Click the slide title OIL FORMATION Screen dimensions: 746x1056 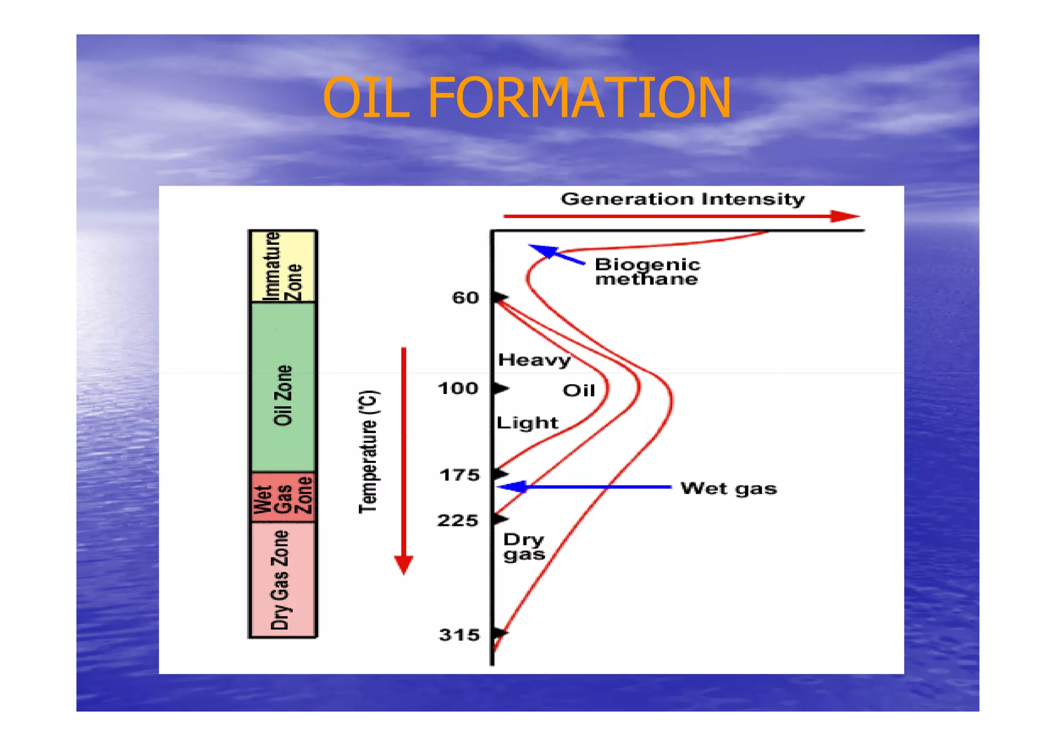coord(526,98)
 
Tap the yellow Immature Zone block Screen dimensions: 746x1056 coord(283,266)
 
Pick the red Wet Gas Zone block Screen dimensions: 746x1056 coord(283,496)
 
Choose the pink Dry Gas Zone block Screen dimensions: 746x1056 coord(283,580)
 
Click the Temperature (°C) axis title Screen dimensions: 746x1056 coord(369,452)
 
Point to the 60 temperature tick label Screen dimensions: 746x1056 coord(465,298)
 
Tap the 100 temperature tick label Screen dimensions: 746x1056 coord(458,388)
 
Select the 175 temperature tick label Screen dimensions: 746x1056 coord(459,475)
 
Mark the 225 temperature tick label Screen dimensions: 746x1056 coord(458,521)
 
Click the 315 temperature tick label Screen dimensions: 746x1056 coord(459,635)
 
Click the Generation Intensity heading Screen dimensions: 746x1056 coord(682,199)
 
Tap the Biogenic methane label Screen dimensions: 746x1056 coord(647,272)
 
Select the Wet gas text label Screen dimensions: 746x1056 coord(728,488)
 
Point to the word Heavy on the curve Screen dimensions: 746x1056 coord(534,360)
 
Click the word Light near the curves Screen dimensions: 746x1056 coord(527,423)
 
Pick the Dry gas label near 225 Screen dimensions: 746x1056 coord(524,547)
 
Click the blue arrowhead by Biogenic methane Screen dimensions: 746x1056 coord(542,251)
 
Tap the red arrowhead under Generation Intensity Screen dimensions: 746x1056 coord(844,217)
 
